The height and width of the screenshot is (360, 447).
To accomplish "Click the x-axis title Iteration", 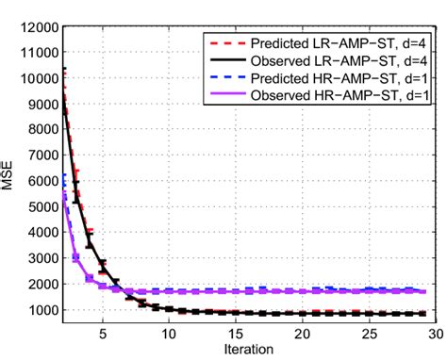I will click(249, 349).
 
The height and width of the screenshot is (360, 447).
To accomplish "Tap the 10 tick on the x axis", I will click(168, 333).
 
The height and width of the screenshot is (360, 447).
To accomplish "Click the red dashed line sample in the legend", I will click(223, 42).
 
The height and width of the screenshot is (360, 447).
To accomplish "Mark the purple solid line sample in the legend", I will click(223, 96).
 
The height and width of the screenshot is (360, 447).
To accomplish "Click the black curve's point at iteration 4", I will click(89, 242).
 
